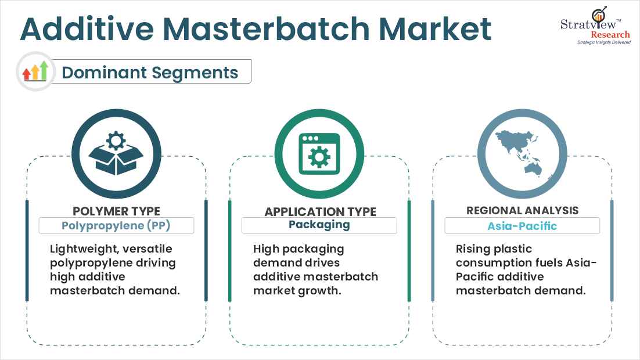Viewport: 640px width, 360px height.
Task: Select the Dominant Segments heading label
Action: click(x=150, y=73)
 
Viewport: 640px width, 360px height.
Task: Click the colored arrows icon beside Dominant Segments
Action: click(x=35, y=72)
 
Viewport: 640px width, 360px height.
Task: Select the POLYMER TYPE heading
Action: click(x=116, y=211)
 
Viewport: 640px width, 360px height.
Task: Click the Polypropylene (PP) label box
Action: click(x=116, y=225)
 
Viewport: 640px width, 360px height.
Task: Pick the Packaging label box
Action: click(x=319, y=225)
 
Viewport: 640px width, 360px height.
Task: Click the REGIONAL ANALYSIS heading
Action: click(x=523, y=211)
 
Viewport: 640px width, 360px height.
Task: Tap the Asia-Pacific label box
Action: click(x=522, y=225)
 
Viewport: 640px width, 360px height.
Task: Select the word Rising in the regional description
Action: click(x=473, y=249)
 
